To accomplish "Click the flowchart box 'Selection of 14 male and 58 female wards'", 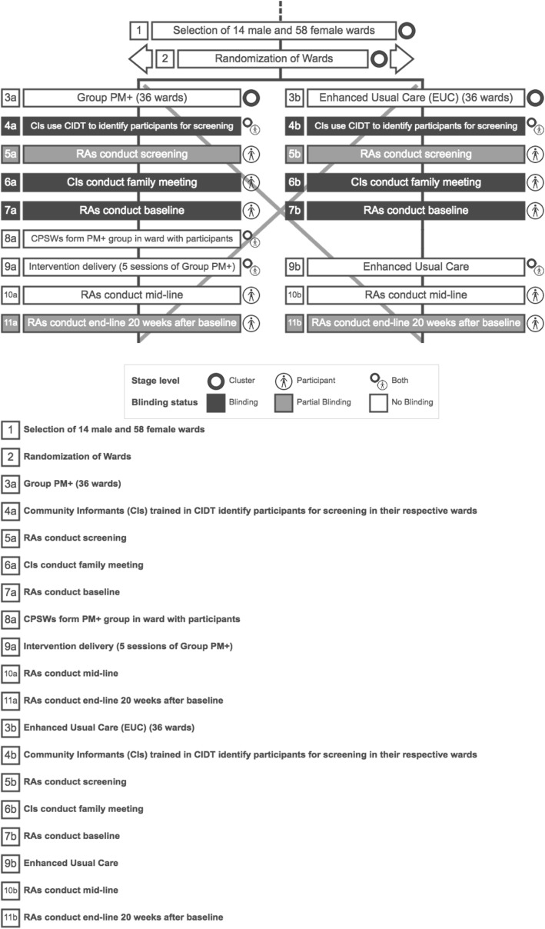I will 274,31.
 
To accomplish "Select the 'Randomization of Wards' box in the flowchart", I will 274,58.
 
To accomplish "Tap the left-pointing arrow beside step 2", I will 138,58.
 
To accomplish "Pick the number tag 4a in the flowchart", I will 11,126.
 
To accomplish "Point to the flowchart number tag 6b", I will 296,182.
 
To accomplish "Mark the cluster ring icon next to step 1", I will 408,31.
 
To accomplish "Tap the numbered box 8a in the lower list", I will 11,619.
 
